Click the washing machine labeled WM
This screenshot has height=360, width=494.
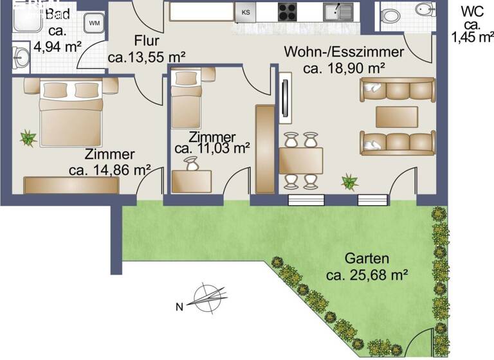(95, 24)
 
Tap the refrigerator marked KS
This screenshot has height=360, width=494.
(245, 11)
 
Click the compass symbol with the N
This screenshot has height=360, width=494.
(207, 297)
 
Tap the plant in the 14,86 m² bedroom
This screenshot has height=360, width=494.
(28, 137)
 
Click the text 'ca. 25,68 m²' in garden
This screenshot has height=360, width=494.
(368, 276)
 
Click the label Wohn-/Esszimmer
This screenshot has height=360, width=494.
(345, 52)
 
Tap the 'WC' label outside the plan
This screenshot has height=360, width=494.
(473, 12)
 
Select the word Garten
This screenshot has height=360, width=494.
(367, 259)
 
